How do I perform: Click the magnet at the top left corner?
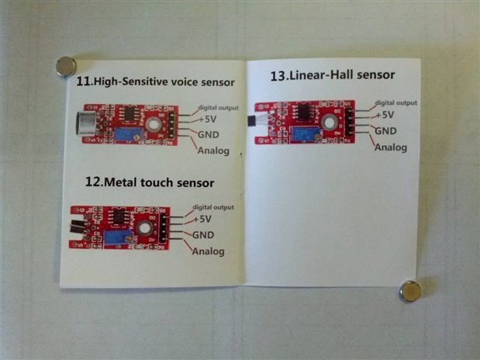(66, 67)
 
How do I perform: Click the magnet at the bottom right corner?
(410, 291)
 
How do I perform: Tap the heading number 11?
(84, 82)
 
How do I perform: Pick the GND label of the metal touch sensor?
(203, 235)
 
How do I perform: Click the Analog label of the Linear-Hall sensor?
(391, 147)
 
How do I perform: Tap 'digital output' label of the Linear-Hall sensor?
(395, 102)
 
